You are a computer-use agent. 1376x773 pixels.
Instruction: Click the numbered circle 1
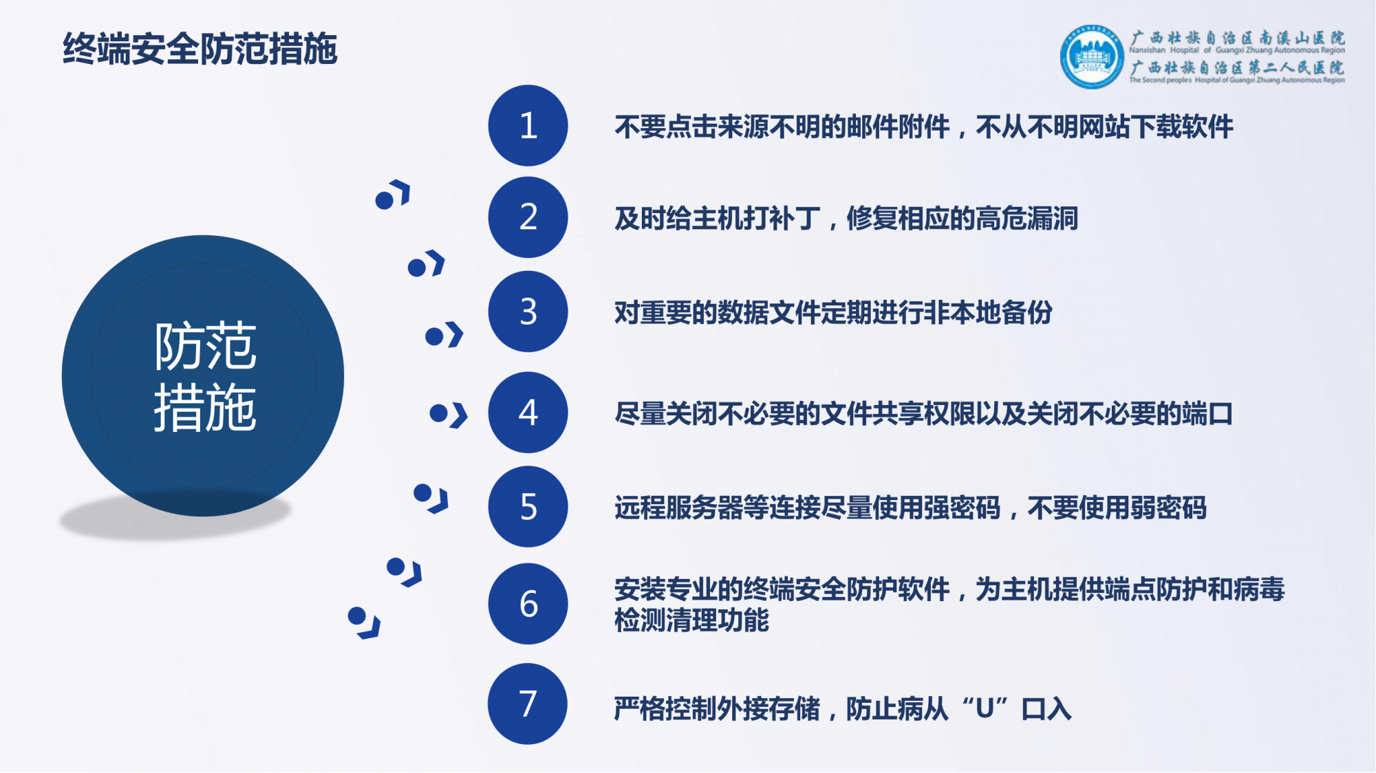tap(528, 125)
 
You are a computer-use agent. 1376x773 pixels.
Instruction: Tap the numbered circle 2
tap(528, 217)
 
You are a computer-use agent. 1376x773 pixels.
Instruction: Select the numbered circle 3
tap(528, 312)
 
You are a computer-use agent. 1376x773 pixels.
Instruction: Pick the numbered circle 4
tap(528, 413)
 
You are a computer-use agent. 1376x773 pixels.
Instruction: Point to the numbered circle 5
tap(528, 507)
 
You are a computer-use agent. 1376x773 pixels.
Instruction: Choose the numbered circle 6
tap(528, 604)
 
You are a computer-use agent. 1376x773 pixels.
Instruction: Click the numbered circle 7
tap(528, 704)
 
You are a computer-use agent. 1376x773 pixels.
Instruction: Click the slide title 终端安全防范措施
tap(200, 49)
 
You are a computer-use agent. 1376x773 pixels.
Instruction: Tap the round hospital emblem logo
tap(1091, 58)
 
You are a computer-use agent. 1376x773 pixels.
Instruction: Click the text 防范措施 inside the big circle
tap(205, 376)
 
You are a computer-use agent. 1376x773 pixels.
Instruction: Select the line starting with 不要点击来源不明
tap(923, 127)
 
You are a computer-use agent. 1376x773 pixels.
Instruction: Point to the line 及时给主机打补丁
tap(846, 219)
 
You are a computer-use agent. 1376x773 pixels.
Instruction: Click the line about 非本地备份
tap(833, 313)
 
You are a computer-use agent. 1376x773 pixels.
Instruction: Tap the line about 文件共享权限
tap(923, 414)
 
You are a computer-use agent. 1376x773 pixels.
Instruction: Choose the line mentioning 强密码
tap(910, 508)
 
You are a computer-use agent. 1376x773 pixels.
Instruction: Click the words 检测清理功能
tap(691, 620)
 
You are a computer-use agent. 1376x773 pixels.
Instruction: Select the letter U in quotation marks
tap(985, 708)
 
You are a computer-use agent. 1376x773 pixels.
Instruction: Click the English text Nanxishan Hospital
tap(1163, 50)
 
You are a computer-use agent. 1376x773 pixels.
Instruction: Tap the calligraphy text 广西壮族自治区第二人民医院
tap(1237, 67)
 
